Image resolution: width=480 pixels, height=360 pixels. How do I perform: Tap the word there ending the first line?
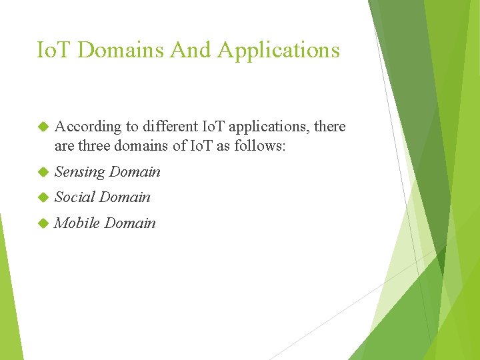328,127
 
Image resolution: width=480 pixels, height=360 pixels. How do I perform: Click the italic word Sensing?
80,172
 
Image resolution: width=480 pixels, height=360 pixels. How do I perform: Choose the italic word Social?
75,197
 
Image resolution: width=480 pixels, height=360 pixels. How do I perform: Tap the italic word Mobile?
77,223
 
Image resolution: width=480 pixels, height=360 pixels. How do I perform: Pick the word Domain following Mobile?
131,223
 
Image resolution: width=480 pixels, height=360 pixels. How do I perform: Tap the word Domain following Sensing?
135,172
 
